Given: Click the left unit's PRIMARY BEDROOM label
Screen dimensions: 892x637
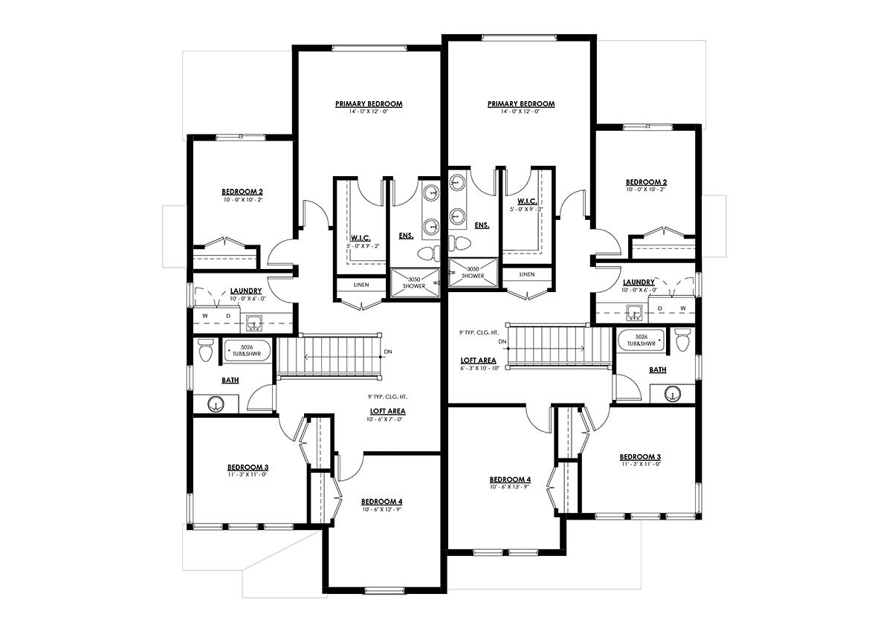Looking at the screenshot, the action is [369, 104].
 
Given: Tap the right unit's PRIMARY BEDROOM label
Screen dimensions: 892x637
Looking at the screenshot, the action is [521, 104].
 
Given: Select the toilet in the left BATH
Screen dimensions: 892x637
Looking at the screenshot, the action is [205, 349].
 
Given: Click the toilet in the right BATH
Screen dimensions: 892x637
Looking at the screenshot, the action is [682, 339].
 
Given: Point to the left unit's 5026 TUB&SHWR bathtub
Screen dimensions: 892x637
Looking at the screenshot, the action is [247, 351].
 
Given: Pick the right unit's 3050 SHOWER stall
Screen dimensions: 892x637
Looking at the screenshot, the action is [473, 272].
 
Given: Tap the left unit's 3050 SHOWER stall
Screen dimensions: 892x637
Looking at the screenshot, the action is [415, 282].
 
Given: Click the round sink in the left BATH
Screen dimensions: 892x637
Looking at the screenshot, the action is [216, 404].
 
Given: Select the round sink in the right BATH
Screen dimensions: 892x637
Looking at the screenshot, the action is [673, 394].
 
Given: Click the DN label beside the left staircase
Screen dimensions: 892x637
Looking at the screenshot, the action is [388, 352].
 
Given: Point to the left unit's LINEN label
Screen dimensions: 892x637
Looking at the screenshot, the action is [361, 285].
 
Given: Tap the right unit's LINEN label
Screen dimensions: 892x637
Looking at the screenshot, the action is [527, 275].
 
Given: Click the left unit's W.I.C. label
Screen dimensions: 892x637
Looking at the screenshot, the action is [361, 238].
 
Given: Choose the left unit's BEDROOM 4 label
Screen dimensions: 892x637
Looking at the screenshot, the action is [381, 502].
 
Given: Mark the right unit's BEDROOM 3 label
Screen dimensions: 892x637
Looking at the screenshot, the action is [640, 457].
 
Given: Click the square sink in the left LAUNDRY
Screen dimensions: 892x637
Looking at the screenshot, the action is [253, 323].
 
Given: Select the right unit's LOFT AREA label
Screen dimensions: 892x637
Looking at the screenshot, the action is [478, 360].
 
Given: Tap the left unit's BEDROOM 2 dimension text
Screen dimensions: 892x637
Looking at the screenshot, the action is [243, 200].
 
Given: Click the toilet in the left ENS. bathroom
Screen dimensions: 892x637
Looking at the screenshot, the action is [428, 253].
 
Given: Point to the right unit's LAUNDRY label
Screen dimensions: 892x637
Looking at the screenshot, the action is [639, 282].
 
